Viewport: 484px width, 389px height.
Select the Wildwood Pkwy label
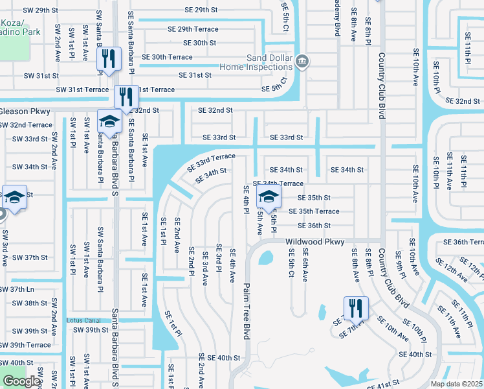click(314, 241)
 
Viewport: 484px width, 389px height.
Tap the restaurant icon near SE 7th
click(355, 309)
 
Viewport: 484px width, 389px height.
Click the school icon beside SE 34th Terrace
click(269, 196)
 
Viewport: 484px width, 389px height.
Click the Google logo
click(21, 381)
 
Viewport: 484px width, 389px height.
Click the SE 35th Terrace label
click(314, 211)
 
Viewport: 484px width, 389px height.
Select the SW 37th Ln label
click(17, 289)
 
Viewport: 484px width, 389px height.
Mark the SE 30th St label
click(199, 43)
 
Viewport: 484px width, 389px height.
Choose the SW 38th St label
click(27, 303)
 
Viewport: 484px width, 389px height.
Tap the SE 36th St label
click(314, 226)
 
